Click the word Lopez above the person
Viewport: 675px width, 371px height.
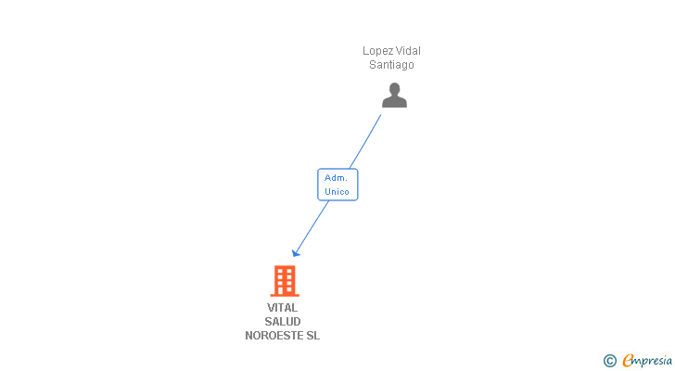[x=376, y=51]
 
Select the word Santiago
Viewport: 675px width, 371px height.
[x=391, y=65]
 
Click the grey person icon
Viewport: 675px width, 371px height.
[x=394, y=95]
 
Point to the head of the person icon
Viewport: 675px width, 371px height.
[x=394, y=89]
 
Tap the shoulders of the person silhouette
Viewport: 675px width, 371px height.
[x=394, y=102]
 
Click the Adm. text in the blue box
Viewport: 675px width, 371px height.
[x=337, y=177]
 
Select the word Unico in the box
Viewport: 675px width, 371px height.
[x=337, y=192]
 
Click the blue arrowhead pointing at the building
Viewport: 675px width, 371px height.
[x=296, y=251]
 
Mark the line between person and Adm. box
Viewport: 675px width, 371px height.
[x=365, y=141]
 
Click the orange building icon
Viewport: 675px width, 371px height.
[x=285, y=280]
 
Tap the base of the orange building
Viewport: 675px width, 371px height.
[x=285, y=294]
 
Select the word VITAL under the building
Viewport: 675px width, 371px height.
[x=283, y=308]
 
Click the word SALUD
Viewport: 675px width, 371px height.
[x=283, y=322]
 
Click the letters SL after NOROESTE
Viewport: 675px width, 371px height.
[x=312, y=336]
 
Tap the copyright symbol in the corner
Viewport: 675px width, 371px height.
[x=610, y=361]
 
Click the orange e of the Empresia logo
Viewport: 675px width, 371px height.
[x=629, y=361]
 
